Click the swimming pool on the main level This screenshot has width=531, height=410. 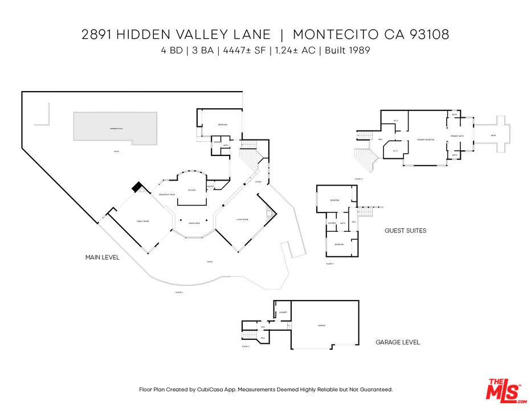click(x=115, y=126)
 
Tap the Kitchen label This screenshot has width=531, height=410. click(x=192, y=190)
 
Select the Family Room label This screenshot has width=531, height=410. click(x=142, y=221)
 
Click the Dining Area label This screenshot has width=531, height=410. click(x=194, y=223)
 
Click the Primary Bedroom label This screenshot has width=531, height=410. click(x=426, y=140)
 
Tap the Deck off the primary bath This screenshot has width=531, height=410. click(x=493, y=136)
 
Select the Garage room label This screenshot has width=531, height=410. click(x=321, y=325)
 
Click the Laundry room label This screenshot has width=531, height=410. click(x=283, y=313)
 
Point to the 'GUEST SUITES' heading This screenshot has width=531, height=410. click(x=406, y=231)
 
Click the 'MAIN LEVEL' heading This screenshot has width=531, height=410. click(x=103, y=257)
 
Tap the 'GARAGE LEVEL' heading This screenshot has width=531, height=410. click(x=398, y=342)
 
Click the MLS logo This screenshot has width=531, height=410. click(x=504, y=390)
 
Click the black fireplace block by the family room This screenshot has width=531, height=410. click(x=137, y=187)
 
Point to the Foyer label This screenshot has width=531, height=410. click(x=258, y=182)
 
